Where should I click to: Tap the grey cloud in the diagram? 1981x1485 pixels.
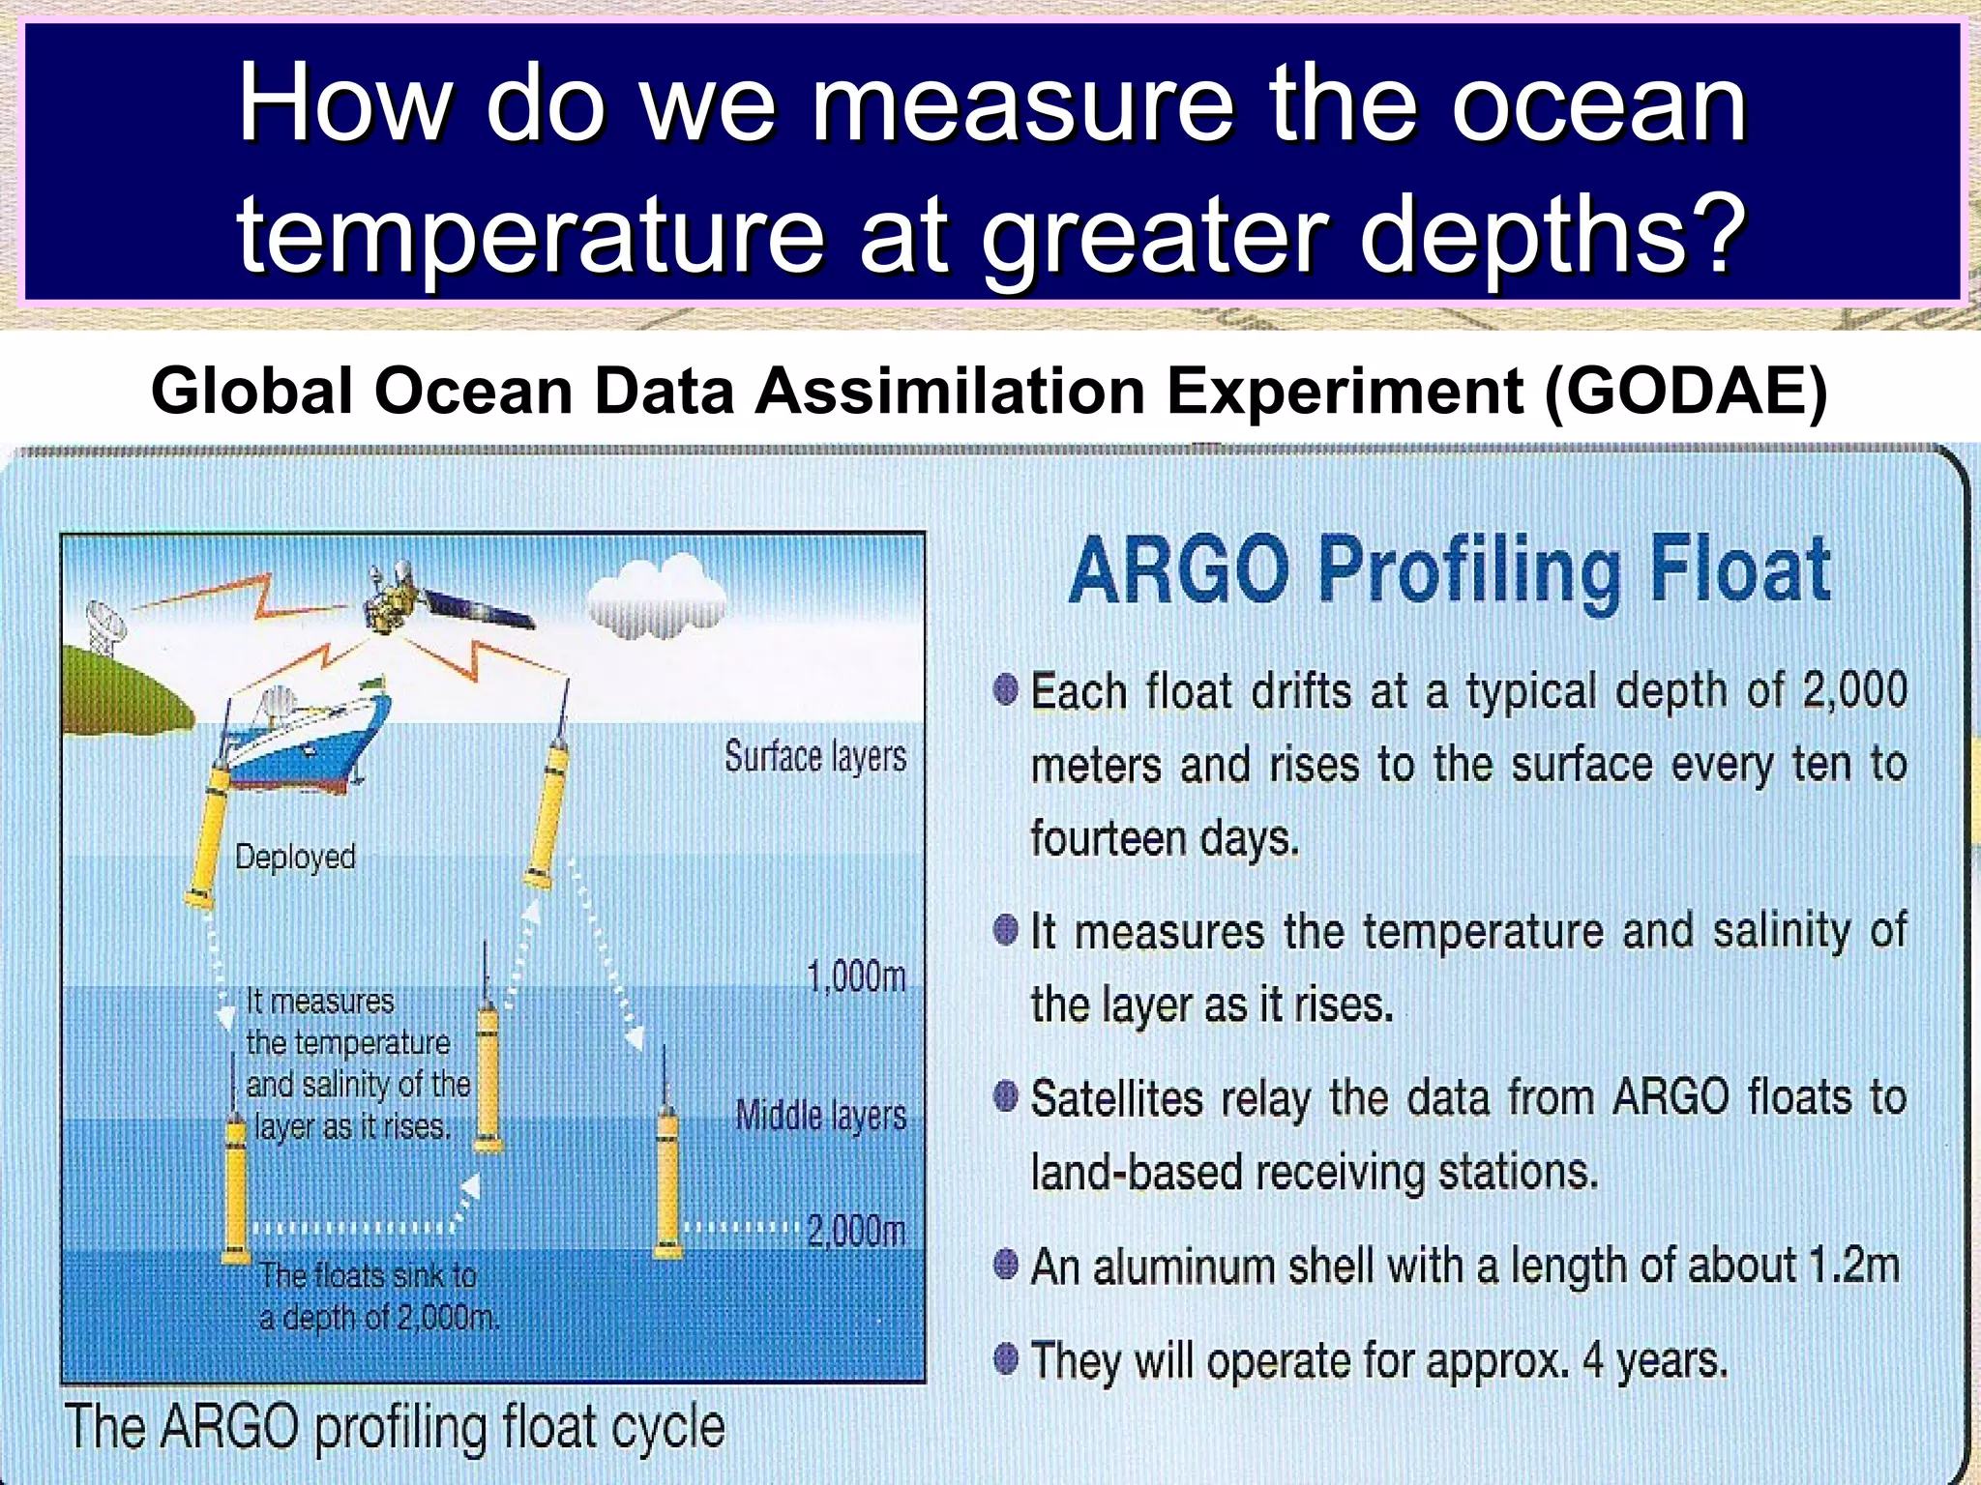(x=655, y=597)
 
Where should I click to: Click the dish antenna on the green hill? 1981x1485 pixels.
(x=103, y=626)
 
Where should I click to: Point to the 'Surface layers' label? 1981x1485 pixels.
(x=815, y=757)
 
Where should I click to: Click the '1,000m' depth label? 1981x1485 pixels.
(x=856, y=976)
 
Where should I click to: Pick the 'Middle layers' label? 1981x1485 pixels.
(x=820, y=1116)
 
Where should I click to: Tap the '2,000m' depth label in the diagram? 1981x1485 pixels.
(x=856, y=1231)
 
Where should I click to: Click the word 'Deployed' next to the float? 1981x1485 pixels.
(x=295, y=857)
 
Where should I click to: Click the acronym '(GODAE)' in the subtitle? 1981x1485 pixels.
(x=1685, y=392)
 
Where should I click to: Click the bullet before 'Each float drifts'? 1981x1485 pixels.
(x=1006, y=690)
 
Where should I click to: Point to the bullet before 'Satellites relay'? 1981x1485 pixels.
(x=1006, y=1097)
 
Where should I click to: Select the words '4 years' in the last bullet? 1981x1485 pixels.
(x=1654, y=1361)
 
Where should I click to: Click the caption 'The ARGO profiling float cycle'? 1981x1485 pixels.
(x=395, y=1427)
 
